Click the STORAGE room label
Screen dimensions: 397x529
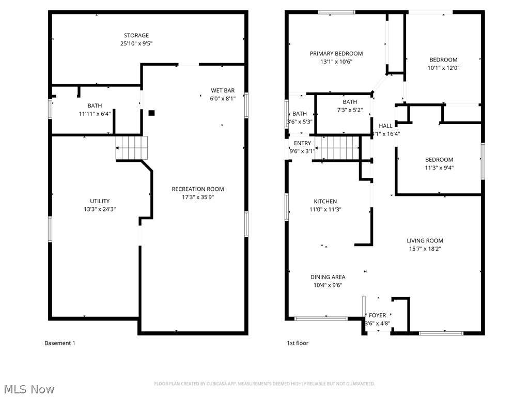point(136,36)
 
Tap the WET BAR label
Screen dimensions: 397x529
point(222,90)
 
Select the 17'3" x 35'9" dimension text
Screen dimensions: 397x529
point(198,197)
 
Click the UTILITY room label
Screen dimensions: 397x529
point(100,201)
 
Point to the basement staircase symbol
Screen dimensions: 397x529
point(131,148)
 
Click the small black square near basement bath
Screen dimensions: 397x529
point(151,113)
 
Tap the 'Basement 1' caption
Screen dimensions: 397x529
point(60,343)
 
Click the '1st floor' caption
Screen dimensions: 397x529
point(298,343)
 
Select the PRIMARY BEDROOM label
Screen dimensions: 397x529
point(336,53)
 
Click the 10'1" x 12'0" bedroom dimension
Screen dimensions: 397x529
point(443,68)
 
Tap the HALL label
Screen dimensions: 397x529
point(385,126)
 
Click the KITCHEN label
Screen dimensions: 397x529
point(325,202)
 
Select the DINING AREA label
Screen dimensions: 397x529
point(328,277)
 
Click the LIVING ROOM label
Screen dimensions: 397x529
point(425,240)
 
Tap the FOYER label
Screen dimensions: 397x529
point(377,315)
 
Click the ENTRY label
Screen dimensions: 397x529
point(303,143)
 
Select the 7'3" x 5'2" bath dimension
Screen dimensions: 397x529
point(350,110)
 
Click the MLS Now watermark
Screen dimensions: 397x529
point(28,389)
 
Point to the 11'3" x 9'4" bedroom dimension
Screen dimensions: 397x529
point(439,168)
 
